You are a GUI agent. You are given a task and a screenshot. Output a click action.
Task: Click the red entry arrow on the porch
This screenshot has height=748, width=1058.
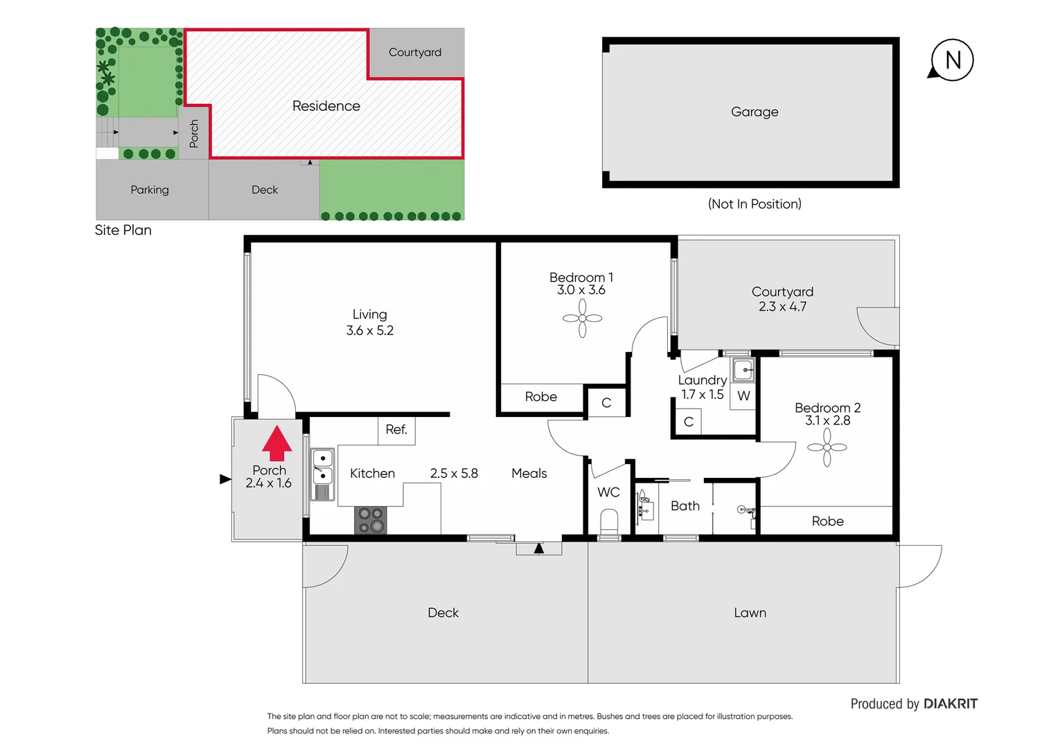pyautogui.click(x=276, y=443)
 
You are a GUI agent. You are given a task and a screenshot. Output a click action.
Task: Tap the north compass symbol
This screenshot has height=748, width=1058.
pyautogui.click(x=952, y=60)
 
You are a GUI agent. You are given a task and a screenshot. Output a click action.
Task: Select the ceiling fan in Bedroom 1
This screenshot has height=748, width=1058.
pyautogui.click(x=582, y=318)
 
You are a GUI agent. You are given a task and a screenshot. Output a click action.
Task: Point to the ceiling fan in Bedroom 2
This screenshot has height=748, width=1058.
pyautogui.click(x=827, y=447)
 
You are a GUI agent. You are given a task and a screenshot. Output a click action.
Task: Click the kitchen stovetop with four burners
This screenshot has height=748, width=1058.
pyautogui.click(x=371, y=520)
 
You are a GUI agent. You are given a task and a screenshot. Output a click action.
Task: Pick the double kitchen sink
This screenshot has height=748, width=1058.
pyautogui.click(x=323, y=467)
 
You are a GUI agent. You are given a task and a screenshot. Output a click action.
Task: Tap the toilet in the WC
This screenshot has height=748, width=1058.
pyautogui.click(x=609, y=520)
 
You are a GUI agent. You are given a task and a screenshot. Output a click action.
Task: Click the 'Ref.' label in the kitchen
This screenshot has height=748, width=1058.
pyautogui.click(x=396, y=429)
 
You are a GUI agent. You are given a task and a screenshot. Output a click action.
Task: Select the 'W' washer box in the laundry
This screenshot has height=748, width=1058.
pyautogui.click(x=743, y=396)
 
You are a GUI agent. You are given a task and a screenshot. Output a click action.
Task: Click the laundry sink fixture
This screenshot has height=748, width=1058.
pyautogui.click(x=743, y=370)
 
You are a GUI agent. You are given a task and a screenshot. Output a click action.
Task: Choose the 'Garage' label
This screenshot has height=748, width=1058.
pyautogui.click(x=755, y=112)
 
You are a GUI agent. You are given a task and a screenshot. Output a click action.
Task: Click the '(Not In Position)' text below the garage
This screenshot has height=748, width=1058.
pyautogui.click(x=755, y=204)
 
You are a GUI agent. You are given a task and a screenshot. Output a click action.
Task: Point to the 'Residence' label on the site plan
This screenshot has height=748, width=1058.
pyautogui.click(x=326, y=106)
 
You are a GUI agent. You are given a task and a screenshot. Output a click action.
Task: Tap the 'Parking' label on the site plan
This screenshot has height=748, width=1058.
pyautogui.click(x=150, y=190)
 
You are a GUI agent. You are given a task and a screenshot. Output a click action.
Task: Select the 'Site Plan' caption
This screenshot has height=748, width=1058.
pyautogui.click(x=123, y=230)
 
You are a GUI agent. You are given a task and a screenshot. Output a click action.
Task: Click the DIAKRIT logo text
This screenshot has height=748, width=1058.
pyautogui.click(x=951, y=704)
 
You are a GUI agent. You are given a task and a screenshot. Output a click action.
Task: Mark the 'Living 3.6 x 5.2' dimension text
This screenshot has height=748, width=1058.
pyautogui.click(x=370, y=323)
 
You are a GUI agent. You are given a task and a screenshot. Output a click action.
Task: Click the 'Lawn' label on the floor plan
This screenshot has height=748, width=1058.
pyautogui.click(x=750, y=613)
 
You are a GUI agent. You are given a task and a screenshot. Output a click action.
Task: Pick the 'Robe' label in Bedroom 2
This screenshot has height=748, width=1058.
pyautogui.click(x=827, y=521)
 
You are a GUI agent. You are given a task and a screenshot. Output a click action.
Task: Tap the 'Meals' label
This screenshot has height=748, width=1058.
pyautogui.click(x=529, y=473)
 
